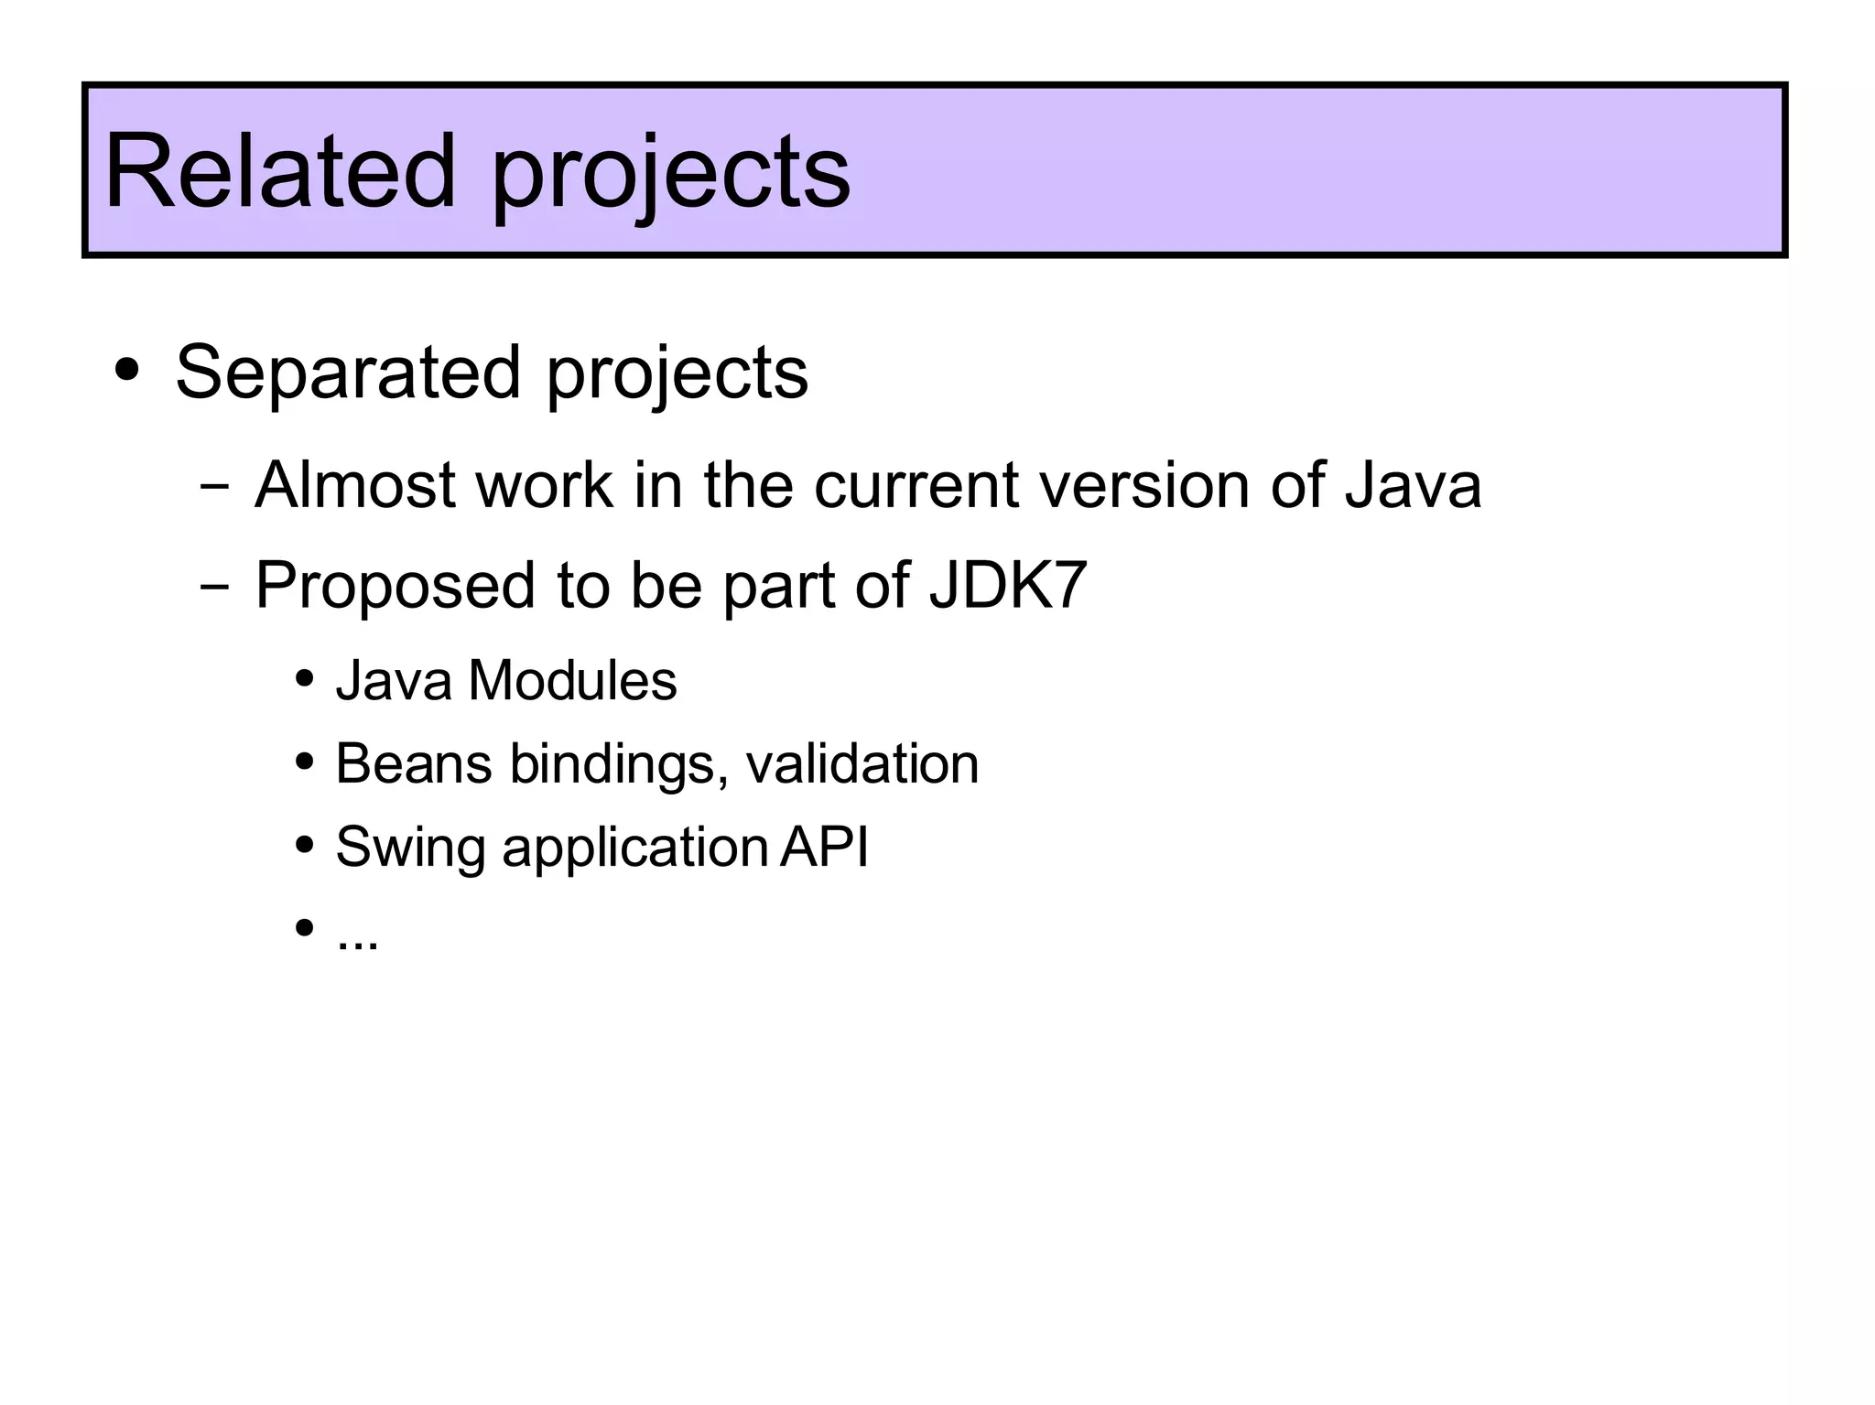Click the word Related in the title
coord(279,172)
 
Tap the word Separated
coord(347,373)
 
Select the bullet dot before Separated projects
coord(127,371)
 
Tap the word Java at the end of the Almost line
coord(1412,485)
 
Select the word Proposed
coord(395,586)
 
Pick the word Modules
coord(572,681)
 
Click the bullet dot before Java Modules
coord(305,680)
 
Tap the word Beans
coord(413,763)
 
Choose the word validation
coord(862,763)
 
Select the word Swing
coord(409,848)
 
